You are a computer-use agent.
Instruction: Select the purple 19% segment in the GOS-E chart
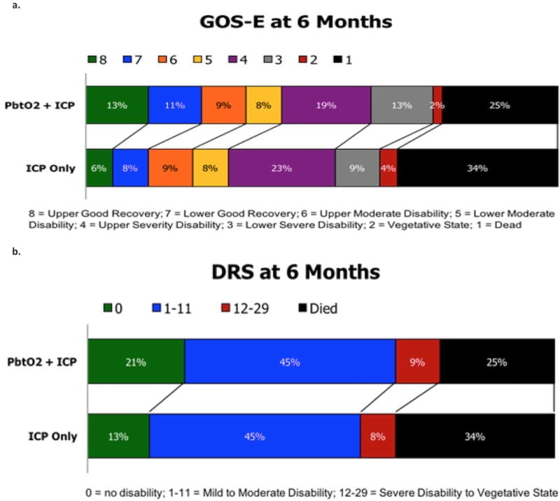coord(326,105)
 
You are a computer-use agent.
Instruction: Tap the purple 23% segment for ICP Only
coord(281,168)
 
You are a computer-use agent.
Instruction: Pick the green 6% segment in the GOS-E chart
coord(99,168)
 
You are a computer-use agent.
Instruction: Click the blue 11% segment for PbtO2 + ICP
coord(175,105)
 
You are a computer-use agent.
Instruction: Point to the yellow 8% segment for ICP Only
coord(210,168)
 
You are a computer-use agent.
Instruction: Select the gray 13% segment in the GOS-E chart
coord(402,105)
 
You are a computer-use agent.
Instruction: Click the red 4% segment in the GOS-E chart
coord(388,168)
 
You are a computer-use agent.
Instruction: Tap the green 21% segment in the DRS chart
coord(136,362)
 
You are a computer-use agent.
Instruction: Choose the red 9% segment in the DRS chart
coord(418,362)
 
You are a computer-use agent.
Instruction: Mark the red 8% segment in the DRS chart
coord(378,437)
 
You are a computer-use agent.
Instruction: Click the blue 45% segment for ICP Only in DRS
coord(255,437)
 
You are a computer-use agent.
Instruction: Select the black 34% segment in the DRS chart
coord(477,437)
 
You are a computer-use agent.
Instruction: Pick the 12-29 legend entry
coord(242,308)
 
